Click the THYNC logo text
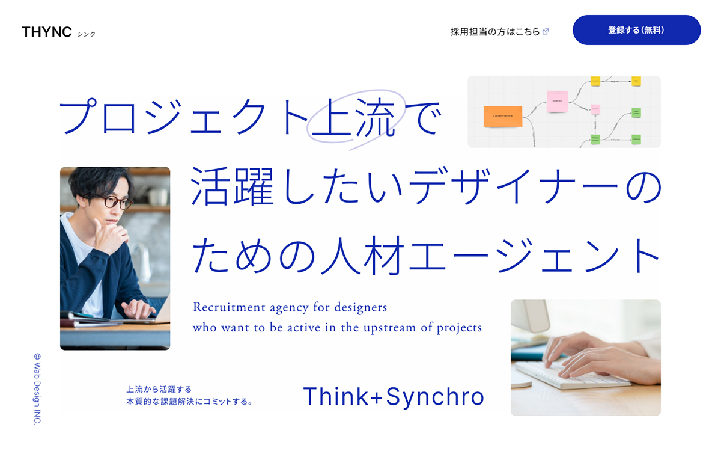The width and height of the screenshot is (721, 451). tap(46, 32)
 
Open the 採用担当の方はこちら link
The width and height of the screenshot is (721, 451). tap(494, 32)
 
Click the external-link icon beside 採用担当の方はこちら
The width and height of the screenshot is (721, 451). tap(546, 32)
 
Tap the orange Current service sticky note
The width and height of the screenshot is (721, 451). tap(502, 116)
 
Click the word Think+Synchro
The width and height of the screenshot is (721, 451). tap(394, 397)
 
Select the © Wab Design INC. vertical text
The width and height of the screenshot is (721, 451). tap(37, 388)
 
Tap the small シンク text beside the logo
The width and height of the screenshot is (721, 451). tap(86, 34)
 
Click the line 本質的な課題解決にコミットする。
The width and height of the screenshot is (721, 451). tap(189, 401)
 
